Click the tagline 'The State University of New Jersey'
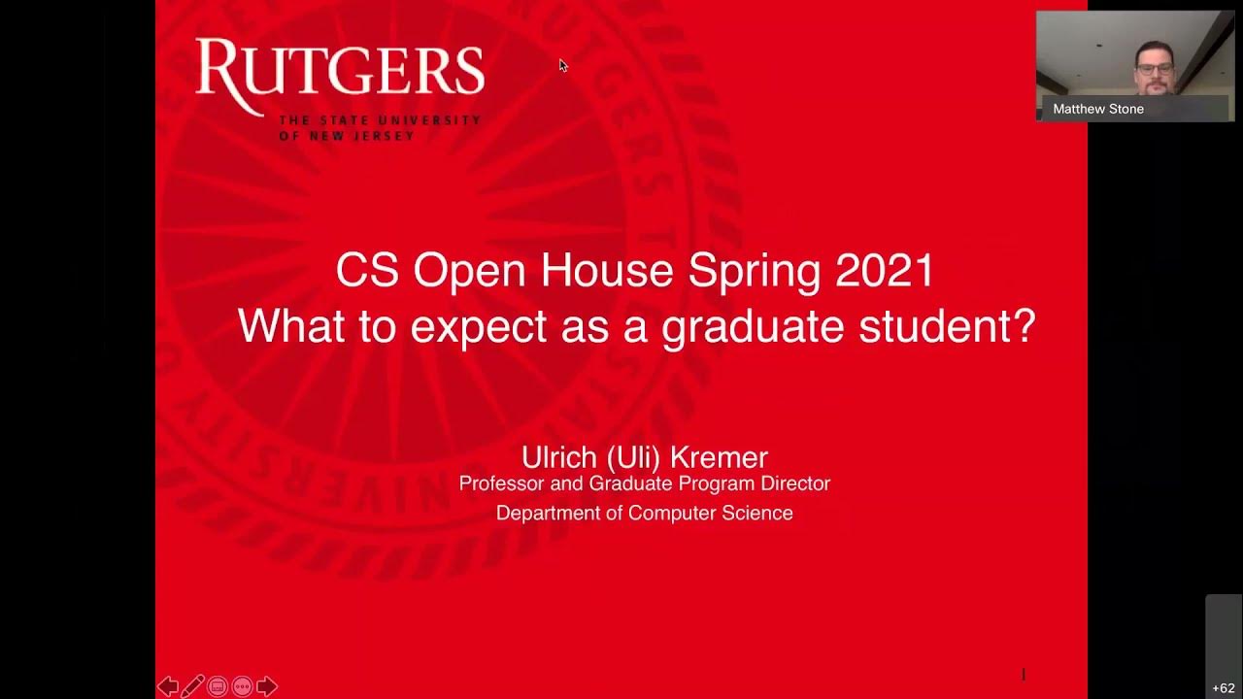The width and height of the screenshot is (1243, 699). click(x=380, y=127)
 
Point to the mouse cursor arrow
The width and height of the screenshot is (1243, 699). click(x=562, y=65)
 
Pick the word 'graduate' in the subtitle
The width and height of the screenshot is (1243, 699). click(x=753, y=327)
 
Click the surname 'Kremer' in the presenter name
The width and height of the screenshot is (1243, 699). click(x=722, y=457)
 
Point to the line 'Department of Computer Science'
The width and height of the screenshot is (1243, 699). click(x=644, y=513)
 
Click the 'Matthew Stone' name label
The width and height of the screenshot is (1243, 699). click(x=1098, y=109)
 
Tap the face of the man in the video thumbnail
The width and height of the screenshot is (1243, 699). click(x=1155, y=71)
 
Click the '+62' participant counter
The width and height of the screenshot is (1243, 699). click(x=1224, y=688)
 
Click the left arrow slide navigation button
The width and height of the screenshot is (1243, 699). click(x=168, y=687)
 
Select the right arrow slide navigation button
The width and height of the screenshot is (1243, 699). click(x=267, y=687)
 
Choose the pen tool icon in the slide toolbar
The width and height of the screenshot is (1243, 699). click(x=192, y=687)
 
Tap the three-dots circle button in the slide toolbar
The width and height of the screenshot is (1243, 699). click(x=242, y=687)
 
